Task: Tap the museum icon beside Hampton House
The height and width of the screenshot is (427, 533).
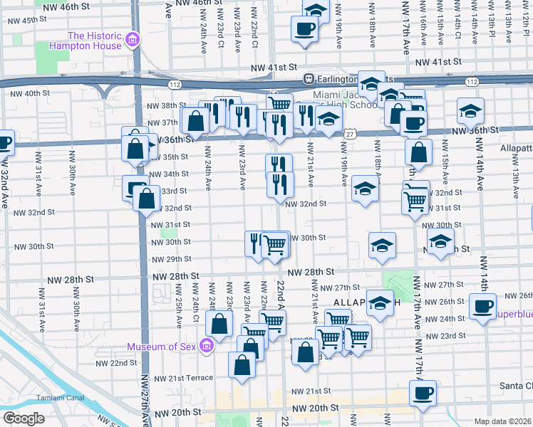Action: (133, 40)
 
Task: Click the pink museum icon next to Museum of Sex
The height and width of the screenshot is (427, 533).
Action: (207, 347)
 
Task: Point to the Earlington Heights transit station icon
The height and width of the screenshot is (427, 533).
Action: (309, 78)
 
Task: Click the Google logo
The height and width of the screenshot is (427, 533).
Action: (24, 418)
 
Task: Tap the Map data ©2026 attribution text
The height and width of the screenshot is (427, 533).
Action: (502, 421)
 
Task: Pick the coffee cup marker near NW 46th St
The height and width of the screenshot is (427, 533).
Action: (304, 29)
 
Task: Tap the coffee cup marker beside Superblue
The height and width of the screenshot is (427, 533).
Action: (482, 307)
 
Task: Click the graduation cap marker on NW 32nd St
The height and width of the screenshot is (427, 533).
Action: (365, 189)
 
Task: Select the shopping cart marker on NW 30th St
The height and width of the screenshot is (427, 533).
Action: (274, 245)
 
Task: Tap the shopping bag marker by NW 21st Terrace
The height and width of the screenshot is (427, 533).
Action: (242, 364)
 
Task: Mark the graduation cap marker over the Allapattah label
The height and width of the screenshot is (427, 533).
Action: (380, 302)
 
